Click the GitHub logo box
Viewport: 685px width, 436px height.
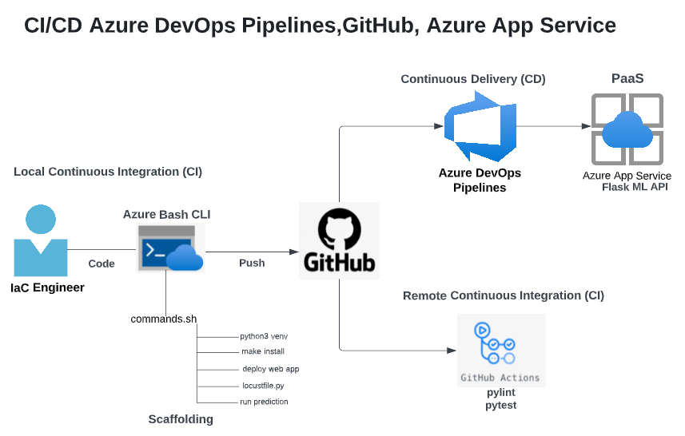click(x=339, y=240)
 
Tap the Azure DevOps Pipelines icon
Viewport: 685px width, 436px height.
click(x=477, y=128)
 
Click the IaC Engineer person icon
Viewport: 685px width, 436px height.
click(x=40, y=240)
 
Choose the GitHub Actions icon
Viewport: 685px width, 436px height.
click(x=500, y=350)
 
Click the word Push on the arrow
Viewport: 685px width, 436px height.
click(x=252, y=263)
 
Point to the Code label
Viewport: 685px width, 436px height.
click(x=102, y=264)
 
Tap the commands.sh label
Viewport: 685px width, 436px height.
click(x=164, y=319)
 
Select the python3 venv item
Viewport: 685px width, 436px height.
click(x=264, y=336)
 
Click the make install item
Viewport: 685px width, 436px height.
click(x=263, y=351)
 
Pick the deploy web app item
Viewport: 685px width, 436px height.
click(x=270, y=369)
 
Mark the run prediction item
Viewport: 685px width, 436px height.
click(x=264, y=402)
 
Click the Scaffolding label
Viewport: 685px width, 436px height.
click(x=181, y=419)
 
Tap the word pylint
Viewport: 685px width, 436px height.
click(x=501, y=393)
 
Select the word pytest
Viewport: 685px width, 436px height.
click(x=501, y=406)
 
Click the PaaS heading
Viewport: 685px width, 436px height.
click(x=627, y=78)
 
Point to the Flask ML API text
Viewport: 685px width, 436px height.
click(x=635, y=187)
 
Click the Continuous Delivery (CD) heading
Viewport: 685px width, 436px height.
click(x=473, y=79)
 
